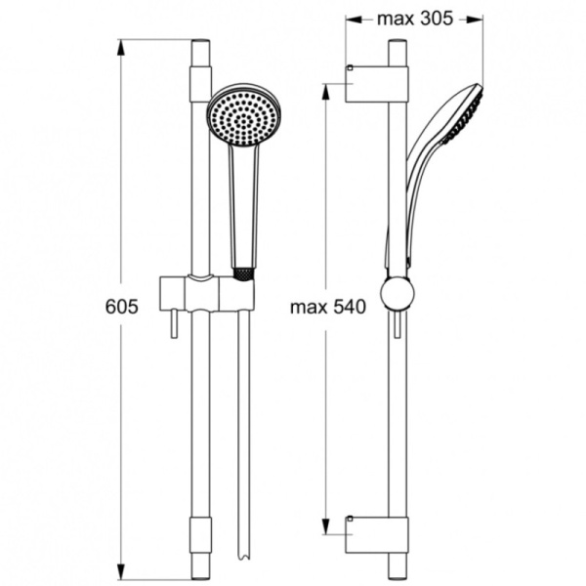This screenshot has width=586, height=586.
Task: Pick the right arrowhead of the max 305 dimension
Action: pos(479,19)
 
